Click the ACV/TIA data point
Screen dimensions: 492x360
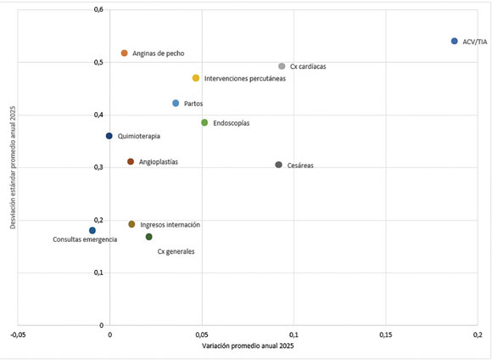point(455,41)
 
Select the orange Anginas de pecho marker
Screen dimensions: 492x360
point(124,53)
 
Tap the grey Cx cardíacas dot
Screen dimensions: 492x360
point(282,66)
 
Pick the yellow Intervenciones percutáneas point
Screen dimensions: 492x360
point(196,78)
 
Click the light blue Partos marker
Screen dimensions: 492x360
point(176,103)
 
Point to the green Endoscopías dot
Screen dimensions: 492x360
point(204,122)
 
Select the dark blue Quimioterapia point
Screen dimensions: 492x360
point(109,136)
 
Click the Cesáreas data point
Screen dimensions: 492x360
point(278,165)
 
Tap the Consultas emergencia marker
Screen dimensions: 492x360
point(92,231)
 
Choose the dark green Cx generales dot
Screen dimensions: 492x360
point(149,237)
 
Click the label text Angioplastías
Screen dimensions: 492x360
point(159,162)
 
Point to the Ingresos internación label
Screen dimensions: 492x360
point(170,225)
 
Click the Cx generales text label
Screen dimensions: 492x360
point(176,251)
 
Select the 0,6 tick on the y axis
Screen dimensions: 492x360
point(98,9)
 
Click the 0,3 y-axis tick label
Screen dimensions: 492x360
point(98,167)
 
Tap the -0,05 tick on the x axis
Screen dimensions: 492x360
point(18,335)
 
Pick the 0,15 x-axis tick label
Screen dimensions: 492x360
point(386,335)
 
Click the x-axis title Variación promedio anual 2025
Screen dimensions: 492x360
point(248,346)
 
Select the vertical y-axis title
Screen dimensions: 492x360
point(13,167)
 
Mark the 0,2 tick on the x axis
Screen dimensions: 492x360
point(478,335)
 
